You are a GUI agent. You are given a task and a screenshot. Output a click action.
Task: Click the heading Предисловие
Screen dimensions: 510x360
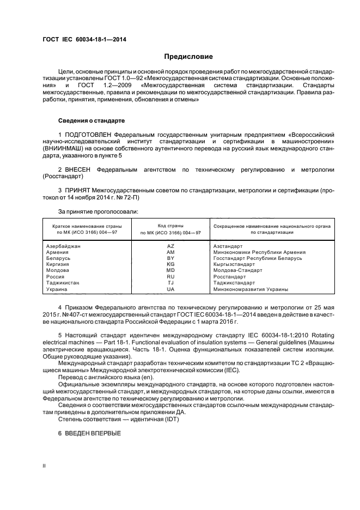(x=188, y=57)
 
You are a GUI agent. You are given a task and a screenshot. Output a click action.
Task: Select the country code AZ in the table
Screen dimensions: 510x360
(x=170, y=246)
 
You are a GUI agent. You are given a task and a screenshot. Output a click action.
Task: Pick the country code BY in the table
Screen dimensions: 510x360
(x=170, y=258)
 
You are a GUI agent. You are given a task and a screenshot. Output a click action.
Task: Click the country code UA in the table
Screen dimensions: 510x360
(x=170, y=289)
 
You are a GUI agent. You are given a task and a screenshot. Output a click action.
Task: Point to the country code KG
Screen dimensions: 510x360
(x=170, y=264)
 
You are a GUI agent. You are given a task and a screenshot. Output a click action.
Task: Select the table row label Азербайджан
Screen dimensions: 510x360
(x=63, y=246)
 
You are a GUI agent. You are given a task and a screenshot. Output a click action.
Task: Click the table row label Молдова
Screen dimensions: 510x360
(x=58, y=270)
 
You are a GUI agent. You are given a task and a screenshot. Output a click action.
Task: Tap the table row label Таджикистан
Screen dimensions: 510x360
(x=63, y=283)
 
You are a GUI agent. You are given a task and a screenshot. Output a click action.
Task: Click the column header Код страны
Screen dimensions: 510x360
(x=170, y=225)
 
